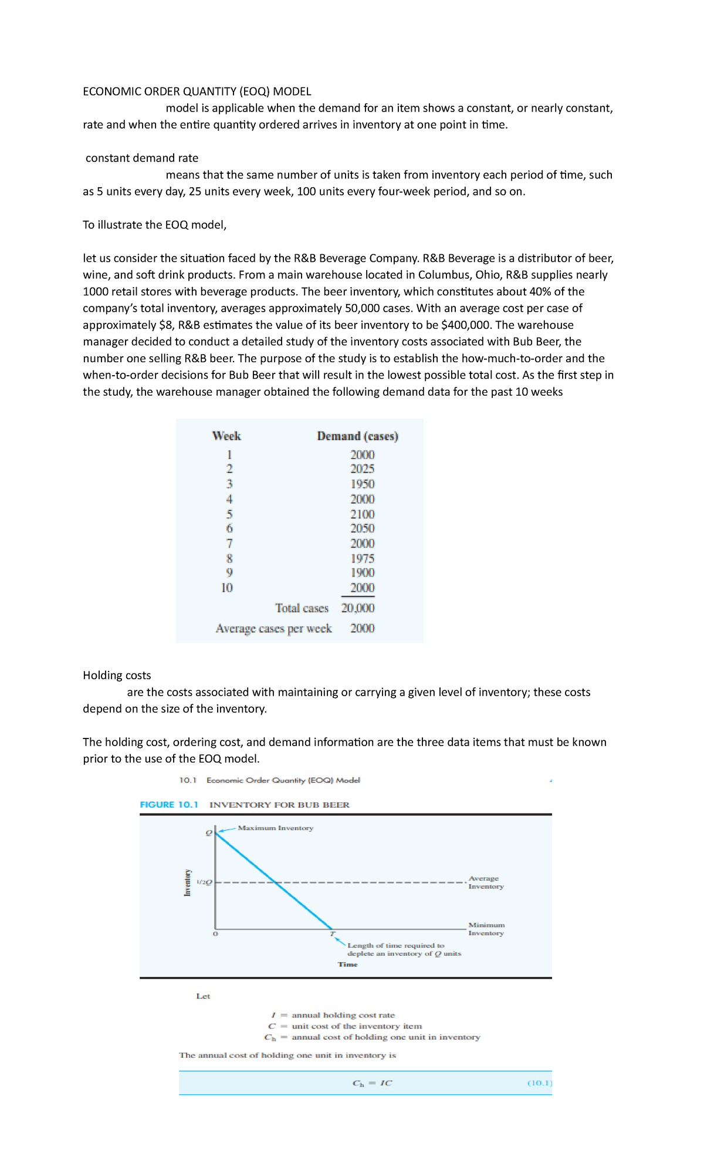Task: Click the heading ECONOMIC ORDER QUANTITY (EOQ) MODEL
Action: [x=197, y=92]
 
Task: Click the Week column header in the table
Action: [x=226, y=436]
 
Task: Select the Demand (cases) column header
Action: [x=357, y=436]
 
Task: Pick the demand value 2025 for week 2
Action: [x=362, y=469]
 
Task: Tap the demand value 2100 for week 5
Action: [x=362, y=514]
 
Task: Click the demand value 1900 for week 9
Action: [x=362, y=573]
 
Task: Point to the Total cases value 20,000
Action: [x=358, y=608]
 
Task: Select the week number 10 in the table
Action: [x=227, y=588]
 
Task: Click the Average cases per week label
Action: [x=273, y=629]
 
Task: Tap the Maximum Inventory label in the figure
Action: [x=275, y=828]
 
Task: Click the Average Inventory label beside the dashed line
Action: [x=485, y=882]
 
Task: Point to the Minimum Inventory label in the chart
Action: [x=486, y=929]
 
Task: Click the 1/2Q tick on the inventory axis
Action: [x=204, y=882]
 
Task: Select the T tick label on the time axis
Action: [x=332, y=933]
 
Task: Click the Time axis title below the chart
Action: [x=347, y=965]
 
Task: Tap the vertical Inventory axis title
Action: [x=188, y=882]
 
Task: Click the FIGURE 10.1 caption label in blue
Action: [x=169, y=805]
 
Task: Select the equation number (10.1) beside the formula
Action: [x=539, y=1083]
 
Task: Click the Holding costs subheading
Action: [x=117, y=676]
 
